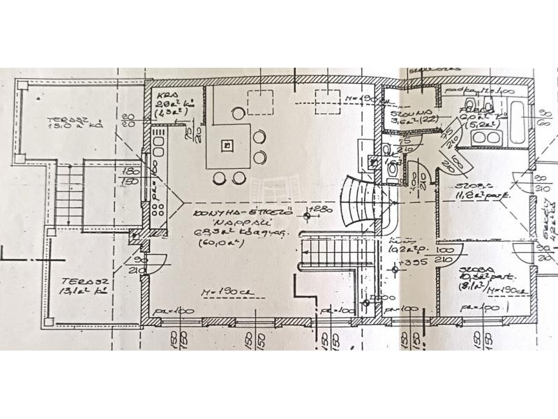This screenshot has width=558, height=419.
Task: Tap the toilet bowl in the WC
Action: tap(393, 168)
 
